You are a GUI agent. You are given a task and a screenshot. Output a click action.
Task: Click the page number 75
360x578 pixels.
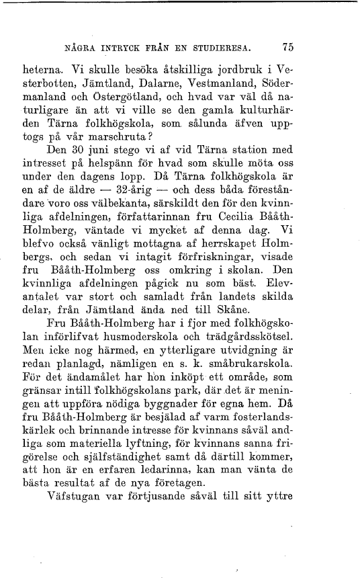point(289,48)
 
